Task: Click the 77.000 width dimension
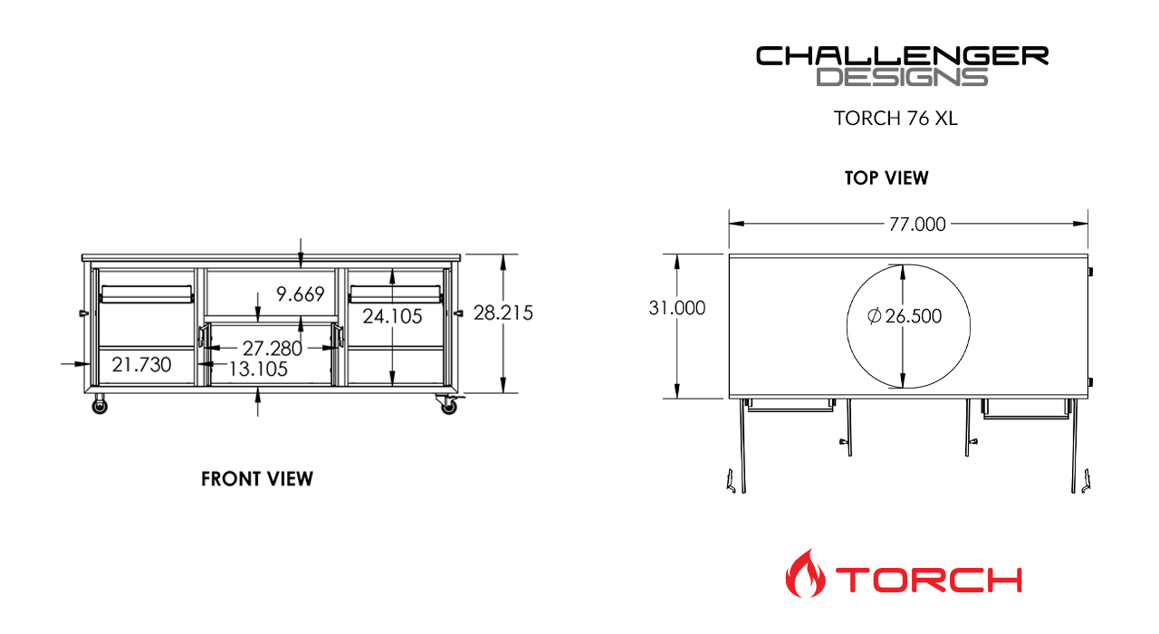click(x=916, y=225)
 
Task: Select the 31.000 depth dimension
click(x=676, y=308)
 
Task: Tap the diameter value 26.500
click(x=914, y=316)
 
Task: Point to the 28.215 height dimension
click(x=503, y=313)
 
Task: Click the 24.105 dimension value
click(x=392, y=316)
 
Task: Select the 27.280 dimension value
click(x=272, y=348)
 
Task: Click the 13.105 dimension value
click(x=258, y=369)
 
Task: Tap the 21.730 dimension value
click(x=141, y=364)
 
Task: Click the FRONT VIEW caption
click(x=257, y=478)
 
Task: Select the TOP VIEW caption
click(x=886, y=178)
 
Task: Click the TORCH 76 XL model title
click(x=896, y=119)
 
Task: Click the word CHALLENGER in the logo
click(x=902, y=56)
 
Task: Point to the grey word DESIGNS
click(x=902, y=77)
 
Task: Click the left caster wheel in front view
click(x=99, y=408)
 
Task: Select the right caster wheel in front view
click(x=448, y=408)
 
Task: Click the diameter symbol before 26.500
click(x=874, y=316)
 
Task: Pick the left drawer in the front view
click(x=146, y=294)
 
